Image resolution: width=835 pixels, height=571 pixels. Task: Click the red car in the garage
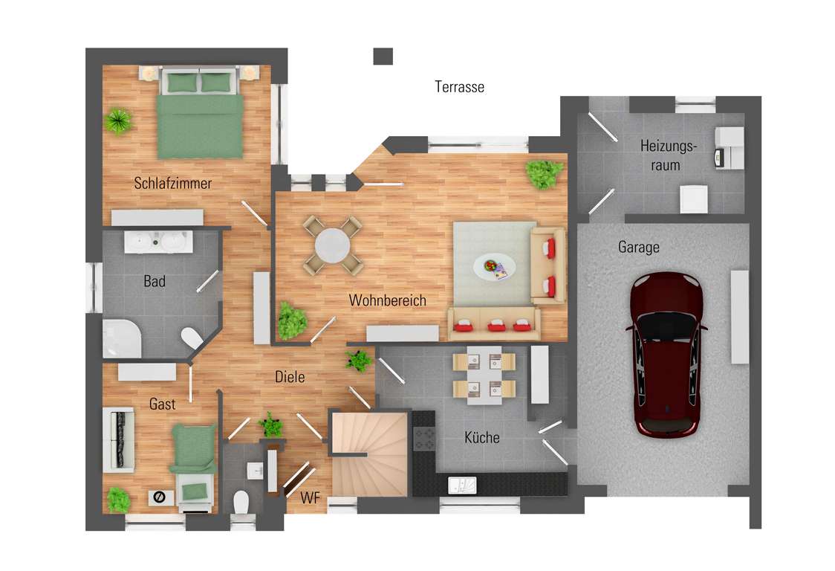click(666, 355)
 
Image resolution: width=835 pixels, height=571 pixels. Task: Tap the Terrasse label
click(460, 87)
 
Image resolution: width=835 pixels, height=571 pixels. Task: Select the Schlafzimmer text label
click(172, 184)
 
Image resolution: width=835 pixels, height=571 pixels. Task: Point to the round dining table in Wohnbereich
click(332, 246)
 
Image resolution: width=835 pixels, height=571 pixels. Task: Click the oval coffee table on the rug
click(494, 265)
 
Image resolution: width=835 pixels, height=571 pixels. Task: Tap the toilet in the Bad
click(192, 338)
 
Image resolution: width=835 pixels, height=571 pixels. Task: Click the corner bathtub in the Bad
click(122, 338)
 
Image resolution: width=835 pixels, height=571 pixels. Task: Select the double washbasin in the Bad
click(158, 242)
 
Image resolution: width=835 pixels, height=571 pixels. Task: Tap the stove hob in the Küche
click(424, 438)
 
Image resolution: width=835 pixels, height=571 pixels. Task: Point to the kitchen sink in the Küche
click(462, 485)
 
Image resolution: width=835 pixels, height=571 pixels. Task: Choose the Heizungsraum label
click(668, 155)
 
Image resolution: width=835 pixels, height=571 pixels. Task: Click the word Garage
click(638, 247)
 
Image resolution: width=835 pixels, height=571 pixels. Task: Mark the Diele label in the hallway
click(290, 377)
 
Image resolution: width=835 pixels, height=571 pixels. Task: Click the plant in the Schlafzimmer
click(117, 121)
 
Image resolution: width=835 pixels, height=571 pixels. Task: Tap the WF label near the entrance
click(310, 498)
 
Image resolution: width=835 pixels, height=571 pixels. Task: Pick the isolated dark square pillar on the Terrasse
click(383, 56)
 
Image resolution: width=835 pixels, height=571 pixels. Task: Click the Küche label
click(482, 438)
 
